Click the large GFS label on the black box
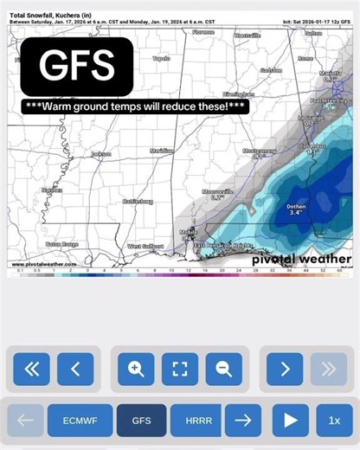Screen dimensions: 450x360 (78, 65)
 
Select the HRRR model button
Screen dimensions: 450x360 (194, 421)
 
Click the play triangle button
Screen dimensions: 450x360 (290, 421)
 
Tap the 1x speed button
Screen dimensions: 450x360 (334, 421)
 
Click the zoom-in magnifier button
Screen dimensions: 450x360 (136, 370)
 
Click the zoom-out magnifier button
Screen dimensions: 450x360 (223, 370)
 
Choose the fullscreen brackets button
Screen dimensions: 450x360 (180, 370)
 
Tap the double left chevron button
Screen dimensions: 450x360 (31, 370)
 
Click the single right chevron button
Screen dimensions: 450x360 (285, 370)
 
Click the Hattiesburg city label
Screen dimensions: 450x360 (136, 201)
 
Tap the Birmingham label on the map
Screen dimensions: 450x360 (238, 93)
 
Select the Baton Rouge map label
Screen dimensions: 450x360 (62, 244)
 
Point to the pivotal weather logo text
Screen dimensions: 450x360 (301, 258)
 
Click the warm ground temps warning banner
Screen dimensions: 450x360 (136, 106)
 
